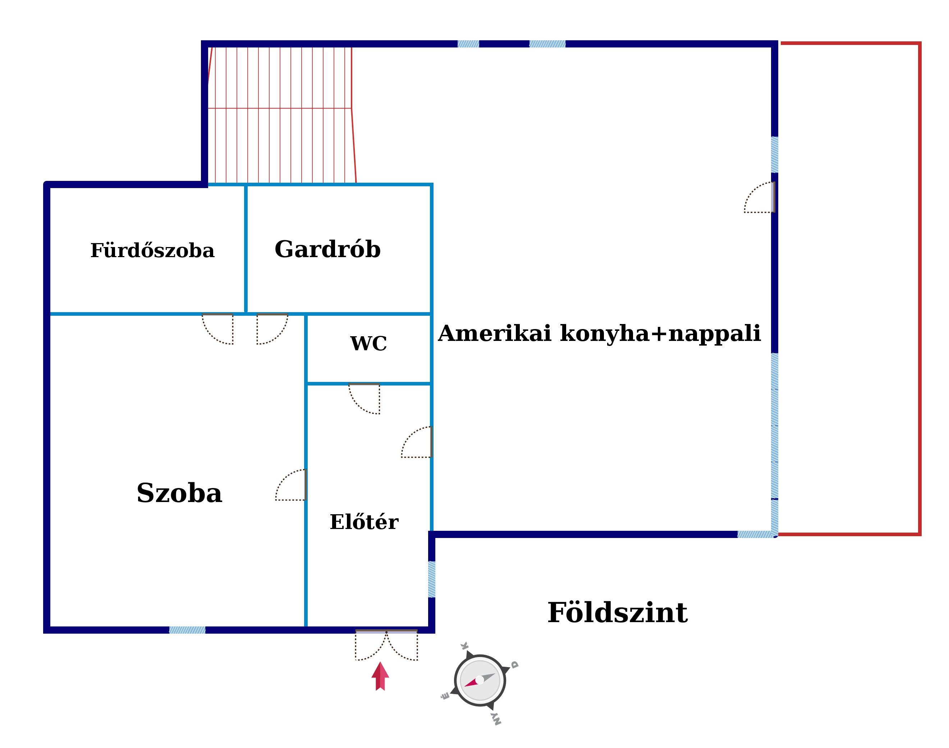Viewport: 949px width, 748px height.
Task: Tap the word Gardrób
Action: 327,249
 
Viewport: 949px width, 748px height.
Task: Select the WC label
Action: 368,343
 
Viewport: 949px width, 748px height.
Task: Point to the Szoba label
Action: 179,493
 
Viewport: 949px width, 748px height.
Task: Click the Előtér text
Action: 364,521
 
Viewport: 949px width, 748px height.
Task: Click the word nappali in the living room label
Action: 715,334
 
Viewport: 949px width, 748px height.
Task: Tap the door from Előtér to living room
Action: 417,442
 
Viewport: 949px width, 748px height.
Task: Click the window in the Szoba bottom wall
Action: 187,630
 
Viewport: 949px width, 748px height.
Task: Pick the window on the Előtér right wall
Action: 432,579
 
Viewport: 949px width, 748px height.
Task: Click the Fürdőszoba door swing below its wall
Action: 217,329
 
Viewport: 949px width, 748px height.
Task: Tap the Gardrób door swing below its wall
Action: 272,329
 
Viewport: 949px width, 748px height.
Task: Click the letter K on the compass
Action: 465,646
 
